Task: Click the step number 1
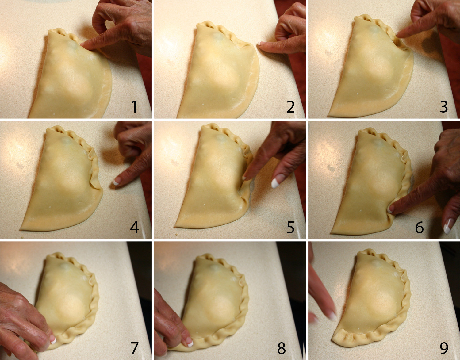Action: pyautogui.click(x=135, y=106)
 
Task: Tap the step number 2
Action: pyautogui.click(x=290, y=106)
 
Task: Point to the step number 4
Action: pyautogui.click(x=134, y=227)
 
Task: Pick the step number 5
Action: pyautogui.click(x=290, y=227)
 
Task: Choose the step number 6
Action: pyautogui.click(x=419, y=227)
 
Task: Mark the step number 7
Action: pyautogui.click(x=135, y=348)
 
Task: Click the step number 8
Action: pyautogui.click(x=281, y=348)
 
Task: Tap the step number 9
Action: pyautogui.click(x=444, y=348)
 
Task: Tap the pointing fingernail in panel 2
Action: pyautogui.click(x=259, y=43)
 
